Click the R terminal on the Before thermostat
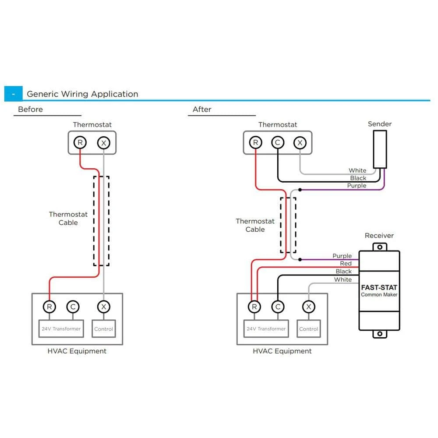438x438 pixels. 80,142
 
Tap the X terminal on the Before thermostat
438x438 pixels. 103,142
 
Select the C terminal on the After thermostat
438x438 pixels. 278,142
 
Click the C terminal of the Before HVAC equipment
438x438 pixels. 73,307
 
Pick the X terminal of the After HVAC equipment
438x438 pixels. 309,307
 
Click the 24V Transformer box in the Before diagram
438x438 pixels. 61,328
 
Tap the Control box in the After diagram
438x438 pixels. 309,328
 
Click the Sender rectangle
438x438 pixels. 379,149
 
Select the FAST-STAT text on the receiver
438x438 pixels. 379,288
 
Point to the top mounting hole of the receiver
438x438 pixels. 379,247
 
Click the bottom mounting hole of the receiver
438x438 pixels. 379,334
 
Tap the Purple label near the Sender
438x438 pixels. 357,186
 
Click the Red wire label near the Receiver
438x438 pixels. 346,264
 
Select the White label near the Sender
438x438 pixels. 357,170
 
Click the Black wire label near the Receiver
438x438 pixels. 344,272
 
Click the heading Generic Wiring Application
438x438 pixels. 82,94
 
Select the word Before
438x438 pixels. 30,109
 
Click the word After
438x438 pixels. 202,109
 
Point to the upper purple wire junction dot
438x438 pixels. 300,190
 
